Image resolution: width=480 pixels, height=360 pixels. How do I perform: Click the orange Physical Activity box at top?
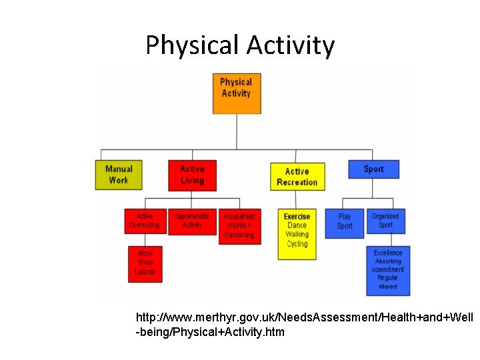point(235,93)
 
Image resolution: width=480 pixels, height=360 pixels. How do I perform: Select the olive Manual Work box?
point(119,175)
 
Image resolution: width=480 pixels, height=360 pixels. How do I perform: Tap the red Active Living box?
point(192,175)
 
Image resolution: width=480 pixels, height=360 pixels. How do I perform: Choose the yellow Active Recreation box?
point(297,176)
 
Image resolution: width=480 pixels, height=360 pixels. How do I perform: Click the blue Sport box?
point(373,169)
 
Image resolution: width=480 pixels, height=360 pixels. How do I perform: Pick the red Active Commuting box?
point(145,221)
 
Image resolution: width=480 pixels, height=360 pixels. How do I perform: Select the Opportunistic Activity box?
point(192,221)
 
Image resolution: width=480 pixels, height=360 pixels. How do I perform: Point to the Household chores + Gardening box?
point(239,226)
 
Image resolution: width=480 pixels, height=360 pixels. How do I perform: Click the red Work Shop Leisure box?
point(145,263)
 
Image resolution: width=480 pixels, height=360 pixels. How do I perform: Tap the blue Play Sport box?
point(345,223)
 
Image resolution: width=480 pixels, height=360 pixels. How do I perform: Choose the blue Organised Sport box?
point(385,221)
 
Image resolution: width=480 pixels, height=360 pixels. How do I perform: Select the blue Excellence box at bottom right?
point(388,270)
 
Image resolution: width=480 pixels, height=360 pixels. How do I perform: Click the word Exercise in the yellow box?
point(297,217)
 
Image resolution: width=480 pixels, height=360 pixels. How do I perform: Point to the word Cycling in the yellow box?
point(297,244)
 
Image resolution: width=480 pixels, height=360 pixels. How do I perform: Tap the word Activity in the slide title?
point(290,45)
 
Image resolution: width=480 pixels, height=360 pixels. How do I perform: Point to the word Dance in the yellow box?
point(297,225)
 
